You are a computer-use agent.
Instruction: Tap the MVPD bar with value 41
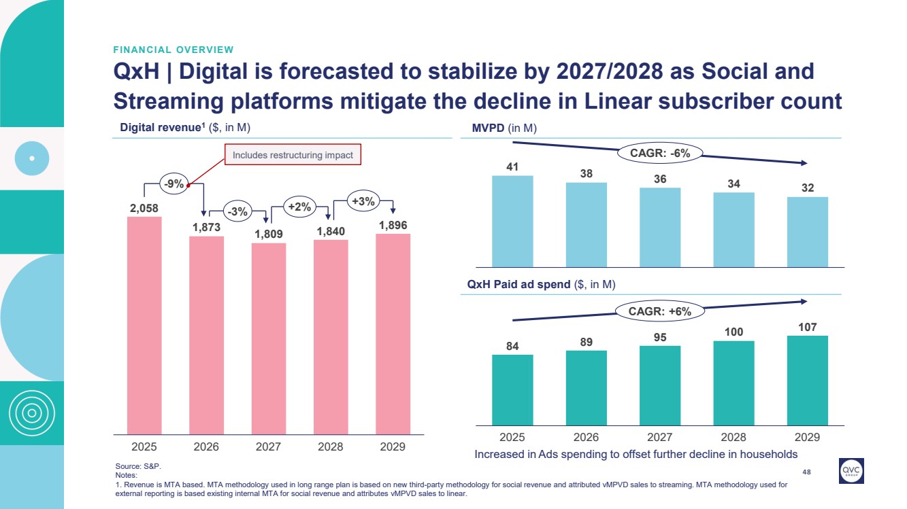click(x=512, y=221)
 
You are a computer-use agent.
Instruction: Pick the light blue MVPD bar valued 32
click(x=807, y=232)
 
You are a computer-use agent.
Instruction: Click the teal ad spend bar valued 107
click(x=807, y=380)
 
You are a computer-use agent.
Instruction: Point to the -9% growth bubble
click(x=174, y=183)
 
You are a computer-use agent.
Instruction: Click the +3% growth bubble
click(x=362, y=200)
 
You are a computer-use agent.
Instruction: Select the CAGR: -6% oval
click(x=659, y=153)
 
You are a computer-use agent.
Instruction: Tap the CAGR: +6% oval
click(x=659, y=311)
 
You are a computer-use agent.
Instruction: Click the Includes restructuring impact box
click(x=293, y=155)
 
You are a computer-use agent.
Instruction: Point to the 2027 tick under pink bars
click(x=268, y=446)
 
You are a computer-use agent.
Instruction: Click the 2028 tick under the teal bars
click(x=733, y=436)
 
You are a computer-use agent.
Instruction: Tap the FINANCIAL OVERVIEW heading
click(x=174, y=50)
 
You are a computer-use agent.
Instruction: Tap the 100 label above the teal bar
click(x=733, y=331)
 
